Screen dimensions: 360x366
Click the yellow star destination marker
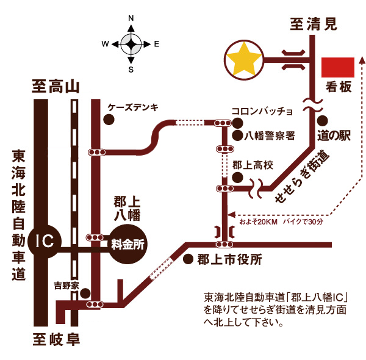click(243, 59)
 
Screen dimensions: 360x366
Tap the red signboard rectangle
click(338, 67)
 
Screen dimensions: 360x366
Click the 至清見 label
click(313, 24)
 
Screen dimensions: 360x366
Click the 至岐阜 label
click(56, 339)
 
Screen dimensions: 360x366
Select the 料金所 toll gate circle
click(128, 244)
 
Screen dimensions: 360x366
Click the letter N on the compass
click(131, 19)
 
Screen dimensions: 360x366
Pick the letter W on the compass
click(105, 44)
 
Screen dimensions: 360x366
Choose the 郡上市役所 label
click(229, 259)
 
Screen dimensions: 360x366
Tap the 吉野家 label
click(66, 284)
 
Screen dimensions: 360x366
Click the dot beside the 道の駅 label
click(323, 121)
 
